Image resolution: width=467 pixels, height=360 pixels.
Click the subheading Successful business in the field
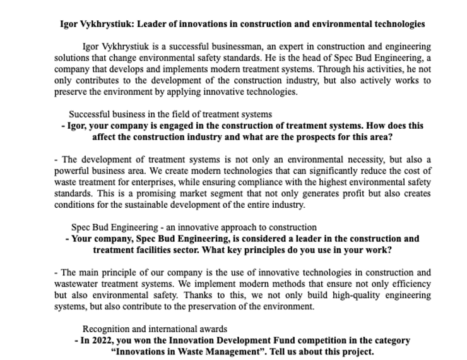tap(170, 114)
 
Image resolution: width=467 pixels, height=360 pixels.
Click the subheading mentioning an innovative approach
tap(194, 227)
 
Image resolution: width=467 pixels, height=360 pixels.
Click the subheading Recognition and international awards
tap(155, 329)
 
